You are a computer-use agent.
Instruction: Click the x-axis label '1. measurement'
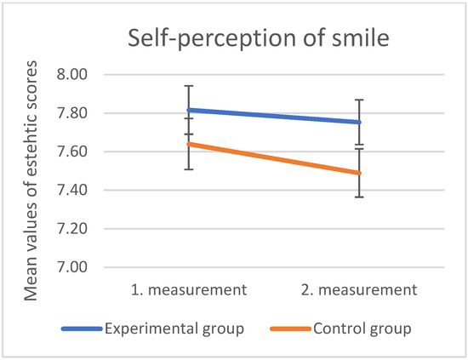pos(188,289)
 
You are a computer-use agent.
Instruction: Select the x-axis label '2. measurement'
pos(359,289)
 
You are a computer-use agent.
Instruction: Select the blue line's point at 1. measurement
pos(188,110)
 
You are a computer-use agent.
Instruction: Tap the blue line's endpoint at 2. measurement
pos(359,122)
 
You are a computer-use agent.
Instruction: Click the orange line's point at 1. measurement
pos(188,144)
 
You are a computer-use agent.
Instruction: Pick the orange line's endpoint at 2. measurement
pos(359,173)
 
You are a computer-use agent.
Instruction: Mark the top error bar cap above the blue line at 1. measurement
pos(188,86)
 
